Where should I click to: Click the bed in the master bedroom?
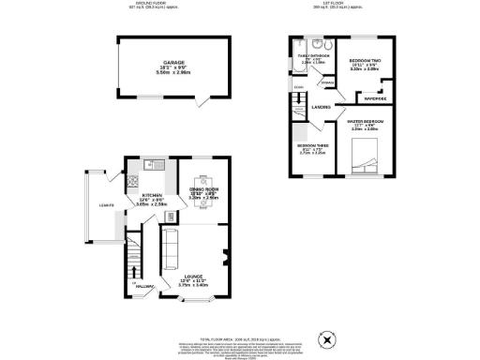pos(364,159)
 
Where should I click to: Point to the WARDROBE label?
pos(376,97)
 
